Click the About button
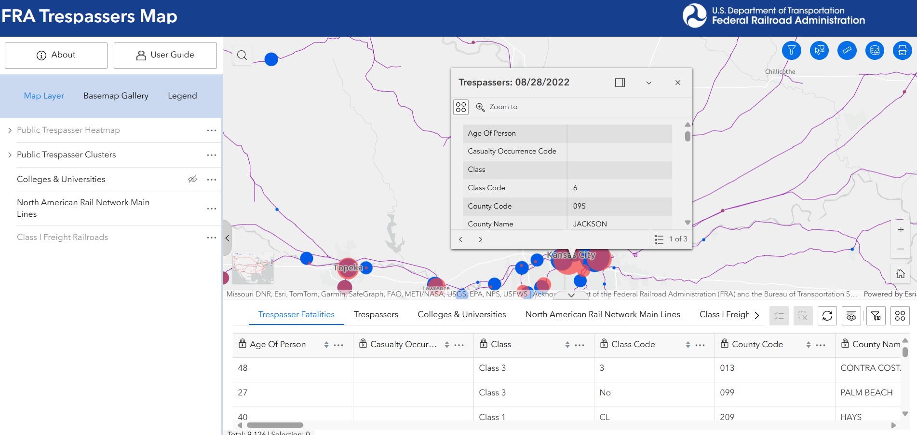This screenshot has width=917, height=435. tap(56, 55)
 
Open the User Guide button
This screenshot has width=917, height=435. tap(165, 55)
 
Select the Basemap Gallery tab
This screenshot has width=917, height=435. tap(116, 96)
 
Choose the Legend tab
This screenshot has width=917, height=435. tap(182, 96)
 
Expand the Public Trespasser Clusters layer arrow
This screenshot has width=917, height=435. tap(10, 155)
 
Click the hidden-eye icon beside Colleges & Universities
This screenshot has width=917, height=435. tap(192, 179)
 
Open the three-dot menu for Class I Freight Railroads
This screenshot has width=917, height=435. tap(211, 238)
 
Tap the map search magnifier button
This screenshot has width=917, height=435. tap(242, 55)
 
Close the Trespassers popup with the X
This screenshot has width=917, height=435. tap(677, 83)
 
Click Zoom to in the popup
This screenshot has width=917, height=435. tap(497, 107)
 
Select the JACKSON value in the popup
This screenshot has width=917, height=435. tap(590, 224)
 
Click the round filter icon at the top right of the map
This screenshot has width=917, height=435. tap(791, 50)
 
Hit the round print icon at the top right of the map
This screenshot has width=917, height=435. tap(902, 50)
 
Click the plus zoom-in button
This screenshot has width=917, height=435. tap(900, 230)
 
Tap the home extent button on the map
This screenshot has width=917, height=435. tap(900, 274)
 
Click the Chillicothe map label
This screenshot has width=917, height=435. tap(780, 71)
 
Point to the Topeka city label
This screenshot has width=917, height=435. tap(347, 267)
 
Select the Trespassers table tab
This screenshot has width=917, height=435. tap(376, 314)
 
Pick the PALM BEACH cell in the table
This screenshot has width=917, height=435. tap(866, 393)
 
